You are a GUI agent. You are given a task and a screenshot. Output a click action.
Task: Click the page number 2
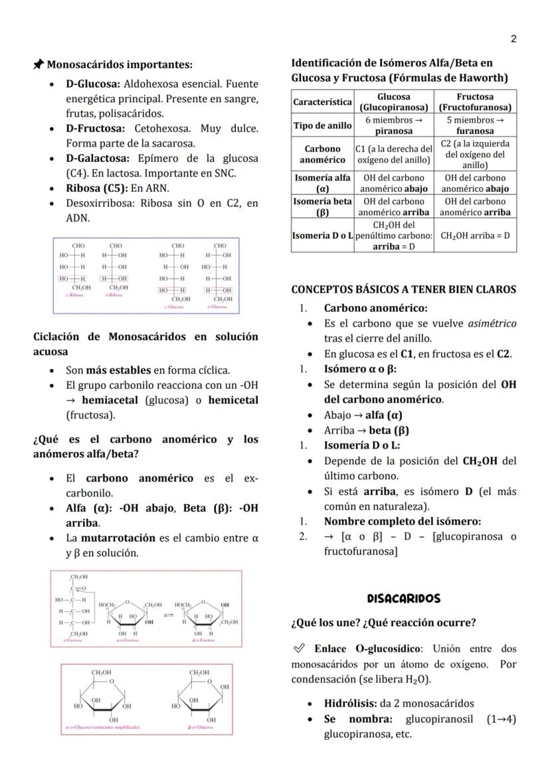[x=513, y=39]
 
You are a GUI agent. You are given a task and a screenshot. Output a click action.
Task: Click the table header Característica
[x=323, y=102]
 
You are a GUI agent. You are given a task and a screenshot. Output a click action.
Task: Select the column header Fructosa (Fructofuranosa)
[x=475, y=102]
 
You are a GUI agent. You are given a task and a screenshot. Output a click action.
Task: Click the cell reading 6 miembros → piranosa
[x=394, y=125]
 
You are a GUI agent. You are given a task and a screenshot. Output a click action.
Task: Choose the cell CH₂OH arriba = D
[x=475, y=236]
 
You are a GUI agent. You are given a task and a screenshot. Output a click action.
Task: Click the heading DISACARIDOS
[x=403, y=599]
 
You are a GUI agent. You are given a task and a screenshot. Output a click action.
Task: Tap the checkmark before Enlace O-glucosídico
[x=299, y=648]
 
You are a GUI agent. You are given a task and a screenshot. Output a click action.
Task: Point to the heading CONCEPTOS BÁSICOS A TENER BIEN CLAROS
[x=403, y=289]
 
